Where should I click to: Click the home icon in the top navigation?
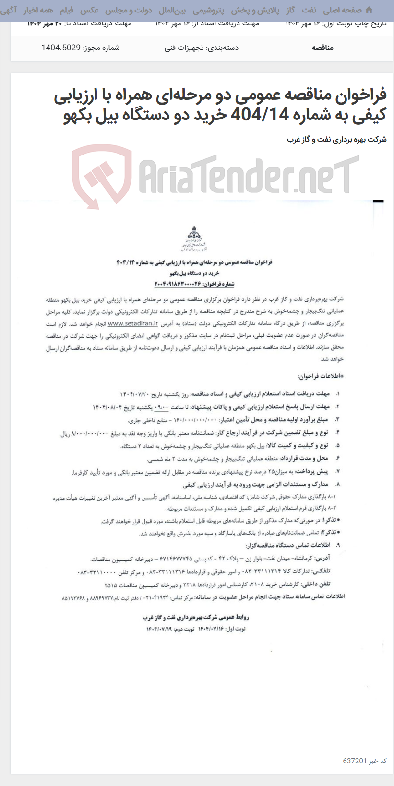(x=369, y=10)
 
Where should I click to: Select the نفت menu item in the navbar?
(x=309, y=10)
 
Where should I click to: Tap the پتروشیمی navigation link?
(x=208, y=10)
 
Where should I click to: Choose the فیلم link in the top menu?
(x=66, y=10)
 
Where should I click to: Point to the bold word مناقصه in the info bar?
(x=322, y=48)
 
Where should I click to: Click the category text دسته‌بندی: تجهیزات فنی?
(x=202, y=48)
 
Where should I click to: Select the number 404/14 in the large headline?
(x=260, y=115)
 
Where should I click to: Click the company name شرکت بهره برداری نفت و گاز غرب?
(x=336, y=140)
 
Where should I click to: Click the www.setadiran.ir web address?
(x=133, y=323)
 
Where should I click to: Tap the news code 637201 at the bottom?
(x=355, y=761)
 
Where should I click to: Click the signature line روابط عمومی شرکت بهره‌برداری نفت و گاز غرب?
(x=196, y=617)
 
